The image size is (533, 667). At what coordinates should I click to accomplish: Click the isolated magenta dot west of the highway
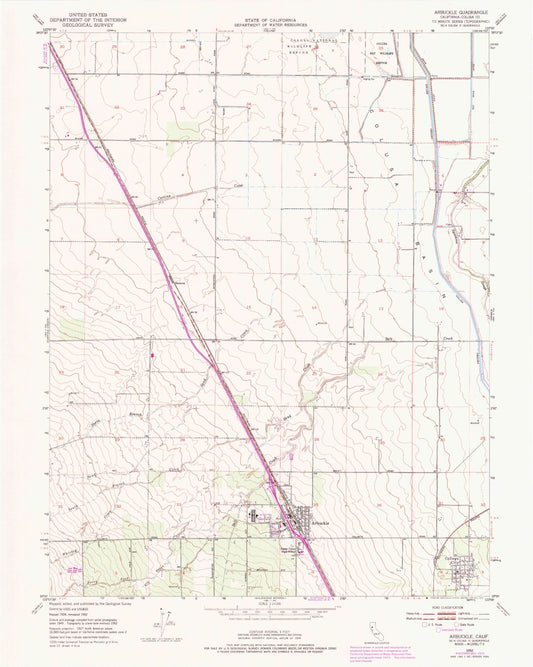(x=152, y=353)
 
